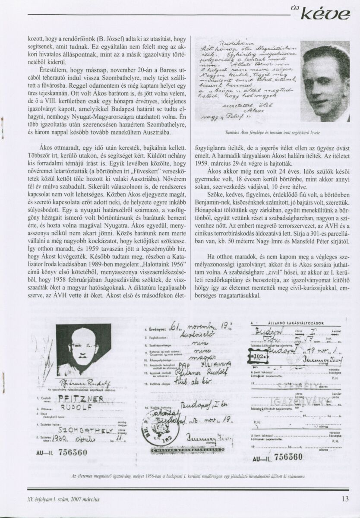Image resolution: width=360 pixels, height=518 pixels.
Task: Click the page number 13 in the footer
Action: click(x=344, y=499)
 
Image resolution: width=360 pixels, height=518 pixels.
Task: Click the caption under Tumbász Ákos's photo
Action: click(x=273, y=133)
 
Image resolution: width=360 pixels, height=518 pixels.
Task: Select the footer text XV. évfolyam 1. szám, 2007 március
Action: click(x=63, y=499)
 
